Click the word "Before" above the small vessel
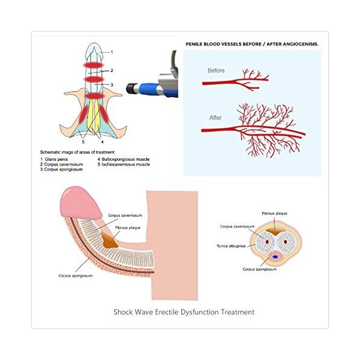pos(216,71)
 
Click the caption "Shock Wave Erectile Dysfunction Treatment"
pos(184,311)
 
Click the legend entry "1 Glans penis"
pos(55,159)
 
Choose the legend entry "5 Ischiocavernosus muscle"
pos(124,164)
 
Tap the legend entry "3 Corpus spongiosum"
pos(60,169)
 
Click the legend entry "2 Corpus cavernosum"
pos(62,164)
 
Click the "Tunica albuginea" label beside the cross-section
pos(230,246)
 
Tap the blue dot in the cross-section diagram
pos(277,256)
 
